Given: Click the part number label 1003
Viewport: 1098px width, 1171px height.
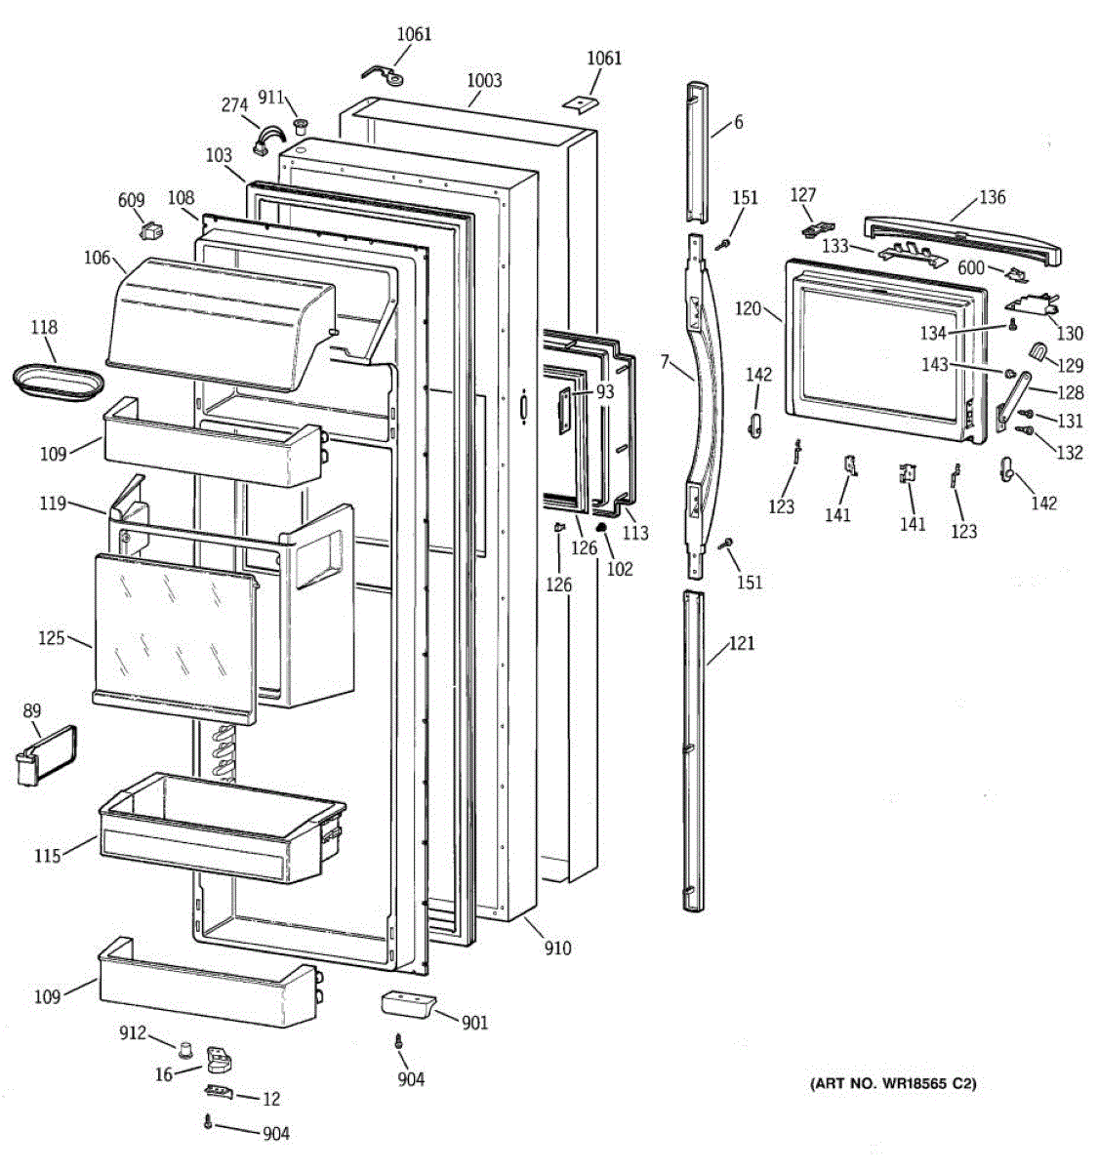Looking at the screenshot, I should pyautogui.click(x=484, y=80).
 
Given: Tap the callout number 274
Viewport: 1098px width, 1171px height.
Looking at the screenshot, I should pyautogui.click(x=234, y=105).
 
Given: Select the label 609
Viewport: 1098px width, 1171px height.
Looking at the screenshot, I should pyautogui.click(x=131, y=200).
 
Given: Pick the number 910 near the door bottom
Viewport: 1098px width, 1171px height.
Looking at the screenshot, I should pyautogui.click(x=558, y=948).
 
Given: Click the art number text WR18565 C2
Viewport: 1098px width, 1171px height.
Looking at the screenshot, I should pyautogui.click(x=892, y=1083).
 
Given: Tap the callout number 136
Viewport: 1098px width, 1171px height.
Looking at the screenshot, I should pyautogui.click(x=992, y=197).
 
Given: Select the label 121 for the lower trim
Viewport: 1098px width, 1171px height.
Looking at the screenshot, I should pyautogui.click(x=742, y=644).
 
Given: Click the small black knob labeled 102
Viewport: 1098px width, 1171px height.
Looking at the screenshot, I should pyautogui.click(x=602, y=527).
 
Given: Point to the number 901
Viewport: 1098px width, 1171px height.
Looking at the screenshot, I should pyautogui.click(x=474, y=1023).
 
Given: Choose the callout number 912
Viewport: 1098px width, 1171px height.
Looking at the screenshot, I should pyautogui.click(x=133, y=1033).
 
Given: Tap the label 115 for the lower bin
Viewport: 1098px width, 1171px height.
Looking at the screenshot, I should pyautogui.click(x=48, y=856).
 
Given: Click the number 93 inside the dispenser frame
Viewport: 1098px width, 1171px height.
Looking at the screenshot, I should pyautogui.click(x=605, y=392).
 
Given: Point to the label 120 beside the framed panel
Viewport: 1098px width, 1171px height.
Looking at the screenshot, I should pyautogui.click(x=748, y=308).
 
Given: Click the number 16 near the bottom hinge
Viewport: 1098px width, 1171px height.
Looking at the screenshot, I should pyautogui.click(x=164, y=1074).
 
